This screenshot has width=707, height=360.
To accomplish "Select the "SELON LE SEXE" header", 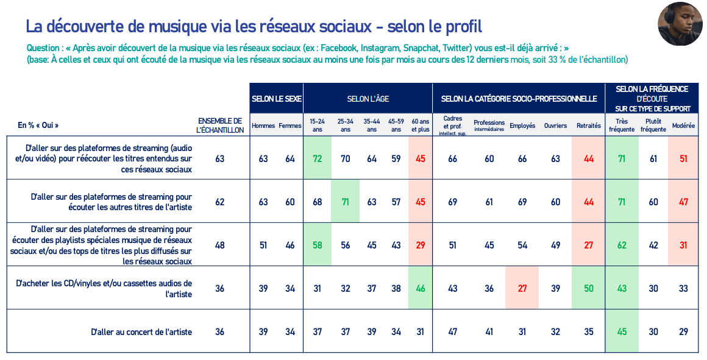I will tap(276, 99).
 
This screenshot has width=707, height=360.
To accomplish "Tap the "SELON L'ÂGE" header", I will tap(368, 99).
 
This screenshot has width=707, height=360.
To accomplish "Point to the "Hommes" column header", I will tap(263, 125).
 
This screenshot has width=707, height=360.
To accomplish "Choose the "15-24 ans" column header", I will tap(318, 125).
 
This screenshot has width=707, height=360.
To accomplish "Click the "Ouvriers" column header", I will tap(555, 125).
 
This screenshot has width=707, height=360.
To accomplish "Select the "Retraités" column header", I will tap(588, 125).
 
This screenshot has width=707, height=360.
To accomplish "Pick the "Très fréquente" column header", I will tap(622, 125).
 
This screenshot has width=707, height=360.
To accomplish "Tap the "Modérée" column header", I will tap(683, 125).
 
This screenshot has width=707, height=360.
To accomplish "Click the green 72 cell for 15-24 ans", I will tap(318, 159).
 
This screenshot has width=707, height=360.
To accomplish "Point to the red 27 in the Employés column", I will tap(522, 288).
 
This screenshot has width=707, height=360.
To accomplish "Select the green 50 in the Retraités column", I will tap(589, 288).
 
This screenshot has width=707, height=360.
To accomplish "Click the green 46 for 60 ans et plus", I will tap(420, 288).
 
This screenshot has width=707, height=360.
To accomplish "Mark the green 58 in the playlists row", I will tap(318, 245).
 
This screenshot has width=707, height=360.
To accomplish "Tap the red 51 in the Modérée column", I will tap(683, 159).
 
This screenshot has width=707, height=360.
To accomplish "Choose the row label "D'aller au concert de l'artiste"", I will tap(141, 332).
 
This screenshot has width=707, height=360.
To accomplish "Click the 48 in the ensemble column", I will tap(220, 245).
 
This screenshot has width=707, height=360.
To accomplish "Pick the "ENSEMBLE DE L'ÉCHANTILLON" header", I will tap(220, 125).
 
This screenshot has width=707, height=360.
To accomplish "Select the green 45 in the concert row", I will tap(622, 332).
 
